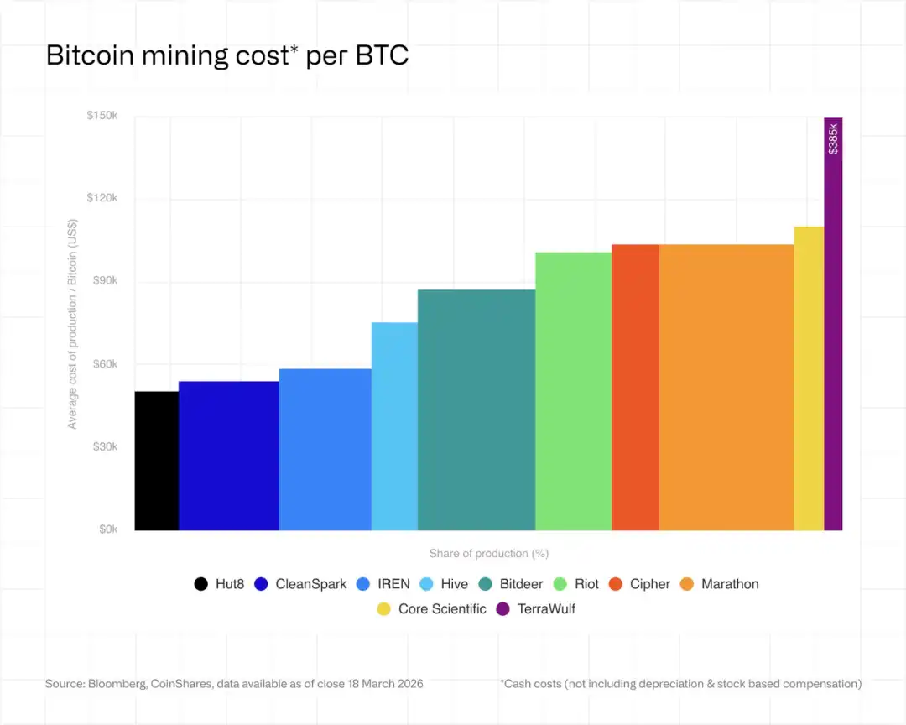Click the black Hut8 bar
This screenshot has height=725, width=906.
(x=157, y=461)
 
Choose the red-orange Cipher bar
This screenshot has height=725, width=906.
(x=635, y=387)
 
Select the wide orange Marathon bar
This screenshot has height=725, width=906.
(x=726, y=387)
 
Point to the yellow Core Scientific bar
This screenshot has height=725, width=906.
(x=809, y=378)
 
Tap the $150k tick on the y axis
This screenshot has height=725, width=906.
(x=102, y=116)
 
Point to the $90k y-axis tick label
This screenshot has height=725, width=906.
(x=104, y=281)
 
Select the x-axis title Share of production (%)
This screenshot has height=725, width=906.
(x=488, y=554)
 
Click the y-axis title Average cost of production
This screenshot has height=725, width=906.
(x=73, y=324)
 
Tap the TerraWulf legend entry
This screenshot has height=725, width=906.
(x=536, y=609)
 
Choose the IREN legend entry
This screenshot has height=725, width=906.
(x=383, y=584)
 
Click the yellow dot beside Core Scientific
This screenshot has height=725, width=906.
(x=383, y=609)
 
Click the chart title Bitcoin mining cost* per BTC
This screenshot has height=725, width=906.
(x=226, y=55)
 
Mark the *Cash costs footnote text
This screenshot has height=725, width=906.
(x=680, y=684)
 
